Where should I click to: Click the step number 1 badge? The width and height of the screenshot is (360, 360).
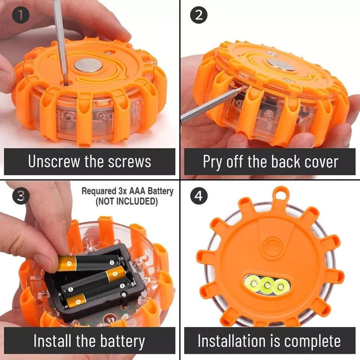click(21, 15)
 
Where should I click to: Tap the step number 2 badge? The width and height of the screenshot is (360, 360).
click(199, 15)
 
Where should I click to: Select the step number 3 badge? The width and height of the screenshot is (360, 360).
click(21, 196)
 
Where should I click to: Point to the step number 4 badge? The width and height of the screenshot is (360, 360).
click(199, 196)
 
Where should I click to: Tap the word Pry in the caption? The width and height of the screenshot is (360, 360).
click(213, 162)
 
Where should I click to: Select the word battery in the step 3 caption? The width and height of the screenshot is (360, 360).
click(122, 341)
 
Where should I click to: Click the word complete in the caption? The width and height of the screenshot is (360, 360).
click(313, 341)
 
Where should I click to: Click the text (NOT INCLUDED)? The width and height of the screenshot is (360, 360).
click(127, 201)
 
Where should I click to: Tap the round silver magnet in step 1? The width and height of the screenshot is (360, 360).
click(88, 65)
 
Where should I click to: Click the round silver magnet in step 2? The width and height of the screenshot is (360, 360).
click(281, 64)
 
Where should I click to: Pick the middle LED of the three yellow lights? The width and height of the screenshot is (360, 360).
click(267, 285)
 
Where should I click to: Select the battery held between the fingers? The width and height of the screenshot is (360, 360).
click(89, 263)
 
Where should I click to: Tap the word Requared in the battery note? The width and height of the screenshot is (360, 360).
click(99, 191)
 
